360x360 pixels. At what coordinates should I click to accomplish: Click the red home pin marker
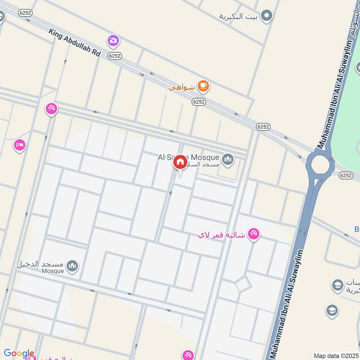(180, 162)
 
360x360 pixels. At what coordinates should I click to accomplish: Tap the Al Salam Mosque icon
(228, 159)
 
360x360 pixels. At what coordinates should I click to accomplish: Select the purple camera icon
(113, 41)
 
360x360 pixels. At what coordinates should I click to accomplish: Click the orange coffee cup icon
(203, 85)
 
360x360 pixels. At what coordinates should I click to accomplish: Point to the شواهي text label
(182, 87)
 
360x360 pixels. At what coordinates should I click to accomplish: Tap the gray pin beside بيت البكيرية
(267, 16)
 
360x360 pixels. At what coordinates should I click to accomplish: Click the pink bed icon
(19, 145)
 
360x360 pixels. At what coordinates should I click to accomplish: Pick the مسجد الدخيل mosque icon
(72, 266)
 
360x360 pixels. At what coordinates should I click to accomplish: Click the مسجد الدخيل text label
(40, 264)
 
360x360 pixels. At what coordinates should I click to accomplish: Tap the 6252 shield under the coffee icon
(198, 102)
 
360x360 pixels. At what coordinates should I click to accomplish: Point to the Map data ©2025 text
(335, 355)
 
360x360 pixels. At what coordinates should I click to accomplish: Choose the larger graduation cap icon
(337, 285)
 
